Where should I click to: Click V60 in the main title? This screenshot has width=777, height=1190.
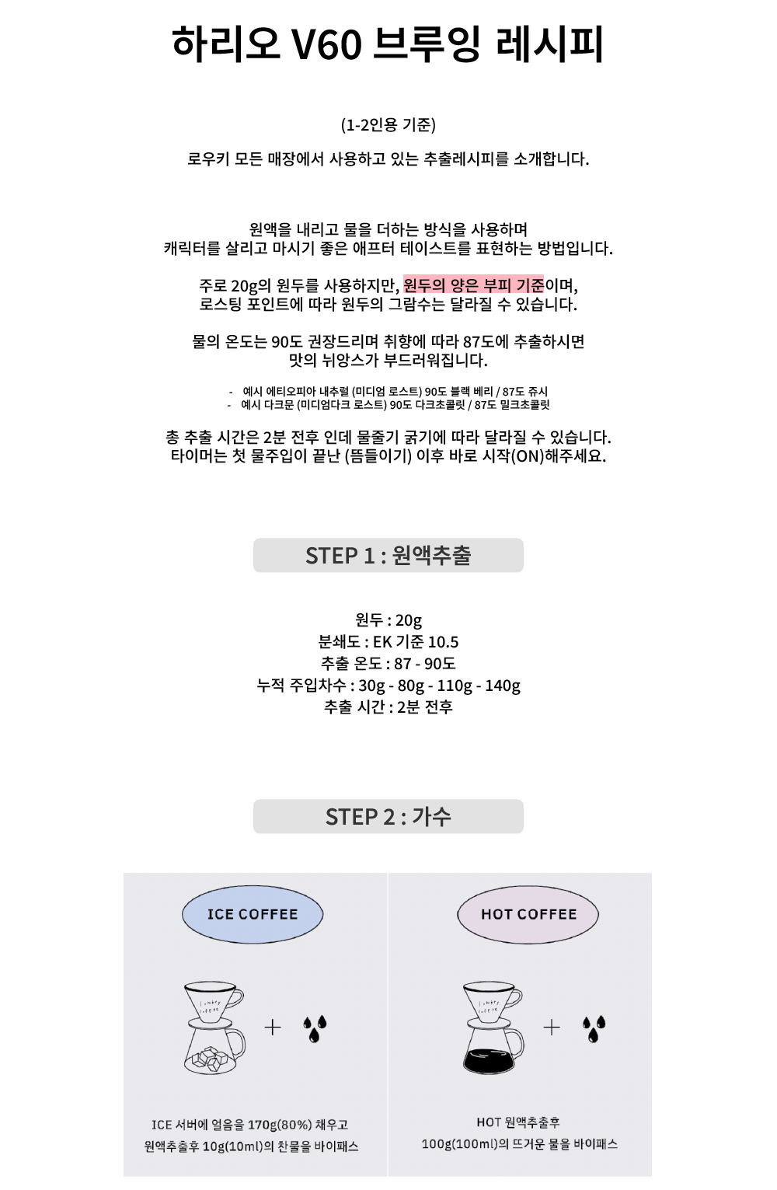(x=326, y=45)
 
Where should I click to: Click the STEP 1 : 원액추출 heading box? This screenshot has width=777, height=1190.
(x=388, y=555)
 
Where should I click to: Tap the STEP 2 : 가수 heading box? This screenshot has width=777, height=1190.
(x=388, y=816)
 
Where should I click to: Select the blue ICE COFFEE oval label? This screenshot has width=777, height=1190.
(x=253, y=914)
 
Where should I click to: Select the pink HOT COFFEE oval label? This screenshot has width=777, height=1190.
(x=528, y=914)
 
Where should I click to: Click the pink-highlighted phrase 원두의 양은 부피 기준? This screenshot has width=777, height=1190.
(x=473, y=285)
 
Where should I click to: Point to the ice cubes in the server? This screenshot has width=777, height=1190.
(x=212, y=1059)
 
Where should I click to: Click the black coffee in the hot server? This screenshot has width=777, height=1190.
(x=490, y=1060)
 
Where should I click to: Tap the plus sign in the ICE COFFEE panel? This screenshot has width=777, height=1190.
(x=273, y=1028)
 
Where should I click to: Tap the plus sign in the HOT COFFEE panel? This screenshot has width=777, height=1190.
(x=552, y=1028)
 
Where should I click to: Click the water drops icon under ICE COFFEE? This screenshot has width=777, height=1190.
(x=315, y=1028)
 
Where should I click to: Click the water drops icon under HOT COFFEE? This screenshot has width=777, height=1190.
(x=594, y=1028)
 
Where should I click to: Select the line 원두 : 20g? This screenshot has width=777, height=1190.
(x=388, y=620)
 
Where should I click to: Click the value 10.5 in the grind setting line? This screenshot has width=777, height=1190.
(x=443, y=642)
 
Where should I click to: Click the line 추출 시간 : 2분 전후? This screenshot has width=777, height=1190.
(x=388, y=707)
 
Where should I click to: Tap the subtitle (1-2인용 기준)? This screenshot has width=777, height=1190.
(x=388, y=125)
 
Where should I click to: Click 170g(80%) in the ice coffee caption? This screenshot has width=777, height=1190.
(x=279, y=1125)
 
